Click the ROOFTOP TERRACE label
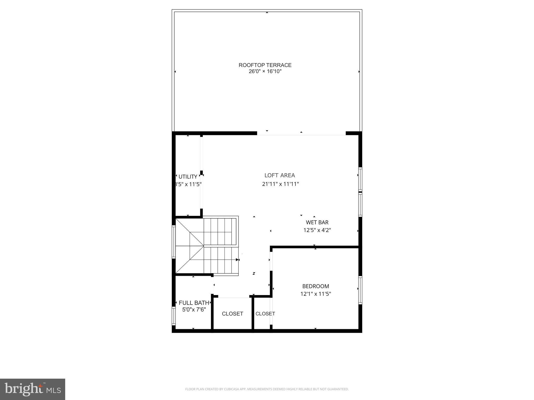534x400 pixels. [265, 65]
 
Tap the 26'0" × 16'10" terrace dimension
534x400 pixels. [265, 71]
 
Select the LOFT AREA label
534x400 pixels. [280, 176]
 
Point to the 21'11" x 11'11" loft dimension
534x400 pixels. [280, 184]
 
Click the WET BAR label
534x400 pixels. [317, 222]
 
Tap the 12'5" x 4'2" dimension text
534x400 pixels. [317, 230]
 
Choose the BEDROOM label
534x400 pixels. [315, 286]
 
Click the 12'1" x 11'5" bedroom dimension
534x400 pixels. [315, 294]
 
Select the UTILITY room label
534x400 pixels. [188, 177]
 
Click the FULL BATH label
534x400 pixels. [194, 303]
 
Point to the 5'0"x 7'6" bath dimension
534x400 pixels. [194, 310]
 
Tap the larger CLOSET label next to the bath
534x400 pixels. [232, 314]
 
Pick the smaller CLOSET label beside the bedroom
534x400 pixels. [265, 314]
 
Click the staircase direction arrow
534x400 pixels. [237, 260]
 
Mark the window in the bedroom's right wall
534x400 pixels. [360, 290]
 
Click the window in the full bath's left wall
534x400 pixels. [174, 316]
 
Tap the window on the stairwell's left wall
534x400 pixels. [174, 242]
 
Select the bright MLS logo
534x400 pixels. [33, 389]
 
